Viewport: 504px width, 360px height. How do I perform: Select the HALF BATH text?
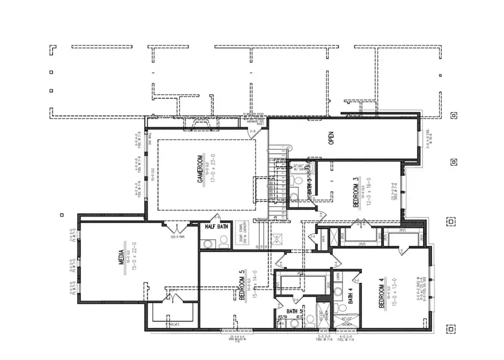point(216,227)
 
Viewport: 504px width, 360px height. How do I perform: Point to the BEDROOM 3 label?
point(356,193)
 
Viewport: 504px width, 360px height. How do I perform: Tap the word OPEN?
point(331,138)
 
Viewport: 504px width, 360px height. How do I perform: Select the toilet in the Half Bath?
point(223,241)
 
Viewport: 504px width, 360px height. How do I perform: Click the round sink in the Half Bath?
point(208,244)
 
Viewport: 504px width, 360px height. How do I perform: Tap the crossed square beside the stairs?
point(278,238)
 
